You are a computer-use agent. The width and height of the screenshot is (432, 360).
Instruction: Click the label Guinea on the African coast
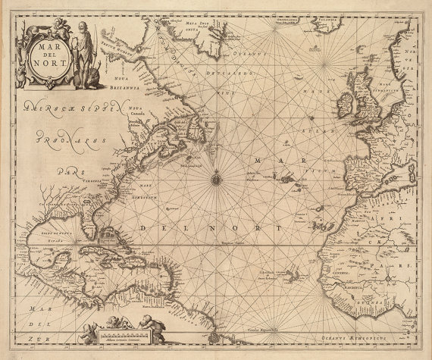click(390, 302)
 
